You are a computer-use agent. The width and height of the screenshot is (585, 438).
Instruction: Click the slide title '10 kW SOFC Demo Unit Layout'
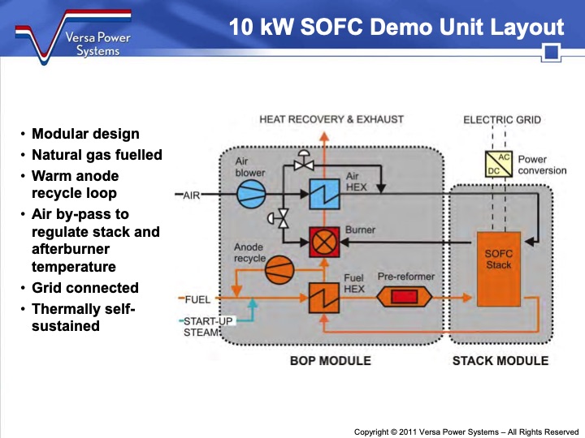coord(396,27)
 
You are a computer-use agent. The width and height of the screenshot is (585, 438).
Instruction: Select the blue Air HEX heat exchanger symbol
coord(324,194)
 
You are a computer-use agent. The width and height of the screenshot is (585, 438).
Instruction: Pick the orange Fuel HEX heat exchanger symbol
coord(323,297)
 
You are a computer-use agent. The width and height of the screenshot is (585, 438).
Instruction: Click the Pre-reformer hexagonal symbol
coord(404,298)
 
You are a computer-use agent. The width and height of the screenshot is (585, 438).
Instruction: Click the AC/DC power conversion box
coord(497,165)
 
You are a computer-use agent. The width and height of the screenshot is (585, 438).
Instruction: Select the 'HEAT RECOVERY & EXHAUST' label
coord(331,119)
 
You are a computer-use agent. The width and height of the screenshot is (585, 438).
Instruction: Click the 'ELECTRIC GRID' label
coord(501,119)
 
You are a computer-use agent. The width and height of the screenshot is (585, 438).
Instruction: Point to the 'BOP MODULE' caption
coord(330,360)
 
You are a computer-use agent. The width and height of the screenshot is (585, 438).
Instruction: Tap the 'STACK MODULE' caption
coord(500,360)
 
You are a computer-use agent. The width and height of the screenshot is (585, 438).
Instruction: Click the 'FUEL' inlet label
coord(197,299)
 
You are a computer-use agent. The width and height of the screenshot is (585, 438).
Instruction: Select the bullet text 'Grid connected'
coord(84,288)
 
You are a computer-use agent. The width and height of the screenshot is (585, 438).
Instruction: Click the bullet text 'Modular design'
coord(85,134)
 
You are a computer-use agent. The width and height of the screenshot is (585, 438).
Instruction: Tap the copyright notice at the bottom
coord(466,432)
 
